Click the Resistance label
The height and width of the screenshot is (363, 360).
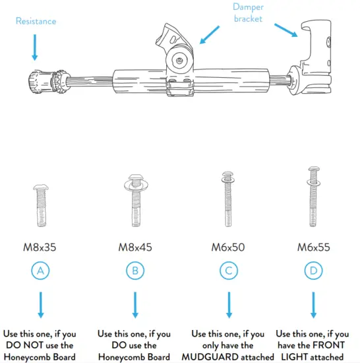36,21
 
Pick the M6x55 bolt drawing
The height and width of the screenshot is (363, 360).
313,197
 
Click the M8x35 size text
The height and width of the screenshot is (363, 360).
40,248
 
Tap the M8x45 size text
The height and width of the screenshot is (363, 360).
135,248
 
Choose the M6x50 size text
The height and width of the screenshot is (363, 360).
228,248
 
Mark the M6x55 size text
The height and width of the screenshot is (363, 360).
313,248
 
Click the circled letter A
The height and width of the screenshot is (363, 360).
40,271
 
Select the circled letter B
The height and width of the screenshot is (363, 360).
135,271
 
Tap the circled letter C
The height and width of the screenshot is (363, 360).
228,271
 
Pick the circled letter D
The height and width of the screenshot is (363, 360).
313,271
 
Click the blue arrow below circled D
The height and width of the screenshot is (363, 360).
313,306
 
